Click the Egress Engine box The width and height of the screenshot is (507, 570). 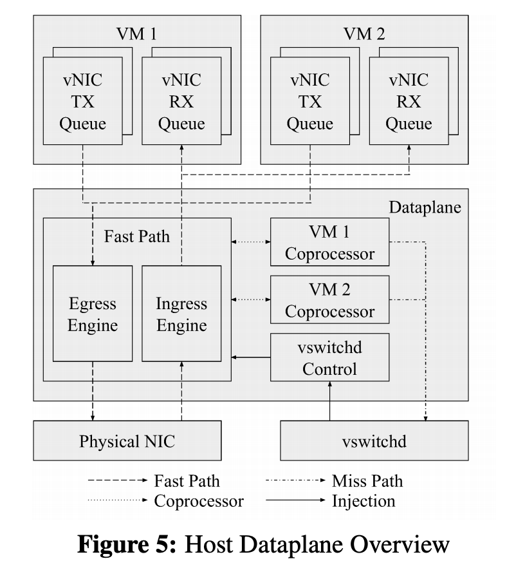(93, 314)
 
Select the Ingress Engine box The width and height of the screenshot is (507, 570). (181, 314)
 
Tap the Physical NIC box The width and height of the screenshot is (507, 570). (127, 441)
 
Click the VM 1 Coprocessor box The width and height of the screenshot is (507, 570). (330, 242)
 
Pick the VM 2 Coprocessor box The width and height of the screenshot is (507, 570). (330, 300)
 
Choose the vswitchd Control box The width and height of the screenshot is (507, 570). (330, 357)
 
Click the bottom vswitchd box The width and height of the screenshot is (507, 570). (374, 441)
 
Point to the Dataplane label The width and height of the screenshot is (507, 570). (425, 207)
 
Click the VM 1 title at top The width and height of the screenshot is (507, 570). (136, 33)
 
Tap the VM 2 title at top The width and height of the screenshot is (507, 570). (364, 33)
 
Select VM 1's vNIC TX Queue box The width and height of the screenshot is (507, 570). (83, 100)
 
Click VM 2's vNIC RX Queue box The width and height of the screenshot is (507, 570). (409, 100)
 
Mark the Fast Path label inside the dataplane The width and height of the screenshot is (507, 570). (137, 236)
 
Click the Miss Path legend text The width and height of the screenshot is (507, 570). (367, 481)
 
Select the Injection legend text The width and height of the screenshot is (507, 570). (364, 501)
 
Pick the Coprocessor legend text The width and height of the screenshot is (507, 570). (199, 501)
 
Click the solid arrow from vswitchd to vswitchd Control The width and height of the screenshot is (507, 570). (330, 401)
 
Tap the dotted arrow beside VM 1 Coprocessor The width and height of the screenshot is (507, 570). (251, 242)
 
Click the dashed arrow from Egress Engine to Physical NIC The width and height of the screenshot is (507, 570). (93, 391)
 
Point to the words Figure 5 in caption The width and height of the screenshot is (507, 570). (127, 544)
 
